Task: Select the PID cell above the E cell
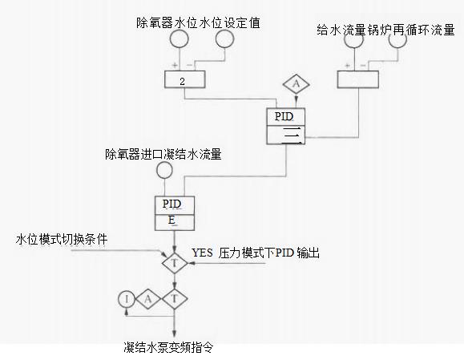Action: tap(175, 205)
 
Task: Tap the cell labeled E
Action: tap(175, 222)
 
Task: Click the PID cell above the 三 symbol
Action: tap(285, 117)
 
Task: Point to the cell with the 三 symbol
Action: tap(285, 135)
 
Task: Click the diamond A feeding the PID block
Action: tap(297, 84)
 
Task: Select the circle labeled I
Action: tap(127, 299)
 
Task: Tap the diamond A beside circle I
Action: tap(148, 299)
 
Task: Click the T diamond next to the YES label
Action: tap(175, 263)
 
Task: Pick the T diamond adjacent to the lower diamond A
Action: tap(175, 299)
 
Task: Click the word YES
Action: tap(202, 253)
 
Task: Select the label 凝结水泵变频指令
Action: tap(168, 347)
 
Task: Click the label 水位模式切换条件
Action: tap(62, 239)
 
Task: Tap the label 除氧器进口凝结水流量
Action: tap(163, 154)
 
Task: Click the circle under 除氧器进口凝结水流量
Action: tap(164, 170)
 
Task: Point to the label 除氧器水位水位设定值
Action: tap(198, 22)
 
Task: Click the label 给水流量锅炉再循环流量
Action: tap(385, 30)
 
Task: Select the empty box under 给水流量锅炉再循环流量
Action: tap(358, 79)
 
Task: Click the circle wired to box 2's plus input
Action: tap(180, 38)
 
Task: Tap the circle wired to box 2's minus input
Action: tap(225, 38)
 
